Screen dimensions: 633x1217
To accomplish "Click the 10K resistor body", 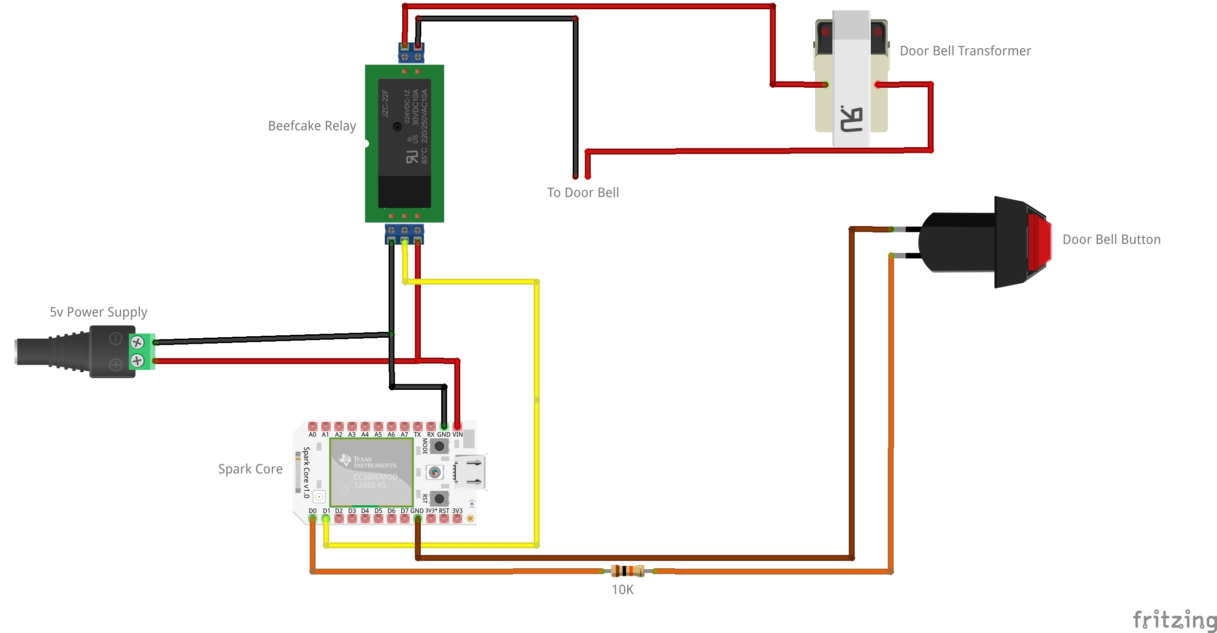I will click(x=627, y=571).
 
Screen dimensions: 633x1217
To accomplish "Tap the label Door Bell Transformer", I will click(x=965, y=51).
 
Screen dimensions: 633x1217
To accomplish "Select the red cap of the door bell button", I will click(x=1039, y=242).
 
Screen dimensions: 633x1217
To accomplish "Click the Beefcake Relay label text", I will click(x=312, y=126).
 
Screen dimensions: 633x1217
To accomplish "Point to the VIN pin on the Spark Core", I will click(x=457, y=426).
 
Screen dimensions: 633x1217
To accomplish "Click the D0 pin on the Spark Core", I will click(x=313, y=518).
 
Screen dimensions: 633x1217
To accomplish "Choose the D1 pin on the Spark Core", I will click(x=326, y=518).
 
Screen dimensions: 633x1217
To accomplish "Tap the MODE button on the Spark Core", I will click(x=439, y=445).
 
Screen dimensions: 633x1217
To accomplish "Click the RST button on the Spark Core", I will click(x=439, y=499).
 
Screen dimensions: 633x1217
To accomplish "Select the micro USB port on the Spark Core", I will click(x=470, y=472).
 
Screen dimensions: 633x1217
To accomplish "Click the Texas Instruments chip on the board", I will click(x=372, y=472).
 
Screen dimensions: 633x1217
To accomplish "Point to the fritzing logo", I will click(x=1174, y=620).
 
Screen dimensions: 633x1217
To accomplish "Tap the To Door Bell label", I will click(x=582, y=192).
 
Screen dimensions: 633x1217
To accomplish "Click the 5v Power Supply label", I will click(x=98, y=312).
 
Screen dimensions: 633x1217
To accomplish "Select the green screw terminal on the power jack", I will click(x=141, y=351).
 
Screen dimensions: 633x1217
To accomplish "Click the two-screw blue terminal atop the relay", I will click(x=411, y=53).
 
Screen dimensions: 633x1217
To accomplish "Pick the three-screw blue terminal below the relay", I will click(x=404, y=233).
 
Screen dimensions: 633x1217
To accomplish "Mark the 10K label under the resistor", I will click(x=622, y=590).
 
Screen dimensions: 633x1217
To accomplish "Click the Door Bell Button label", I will click(x=1111, y=239).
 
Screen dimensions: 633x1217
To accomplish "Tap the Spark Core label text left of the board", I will click(x=250, y=469).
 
